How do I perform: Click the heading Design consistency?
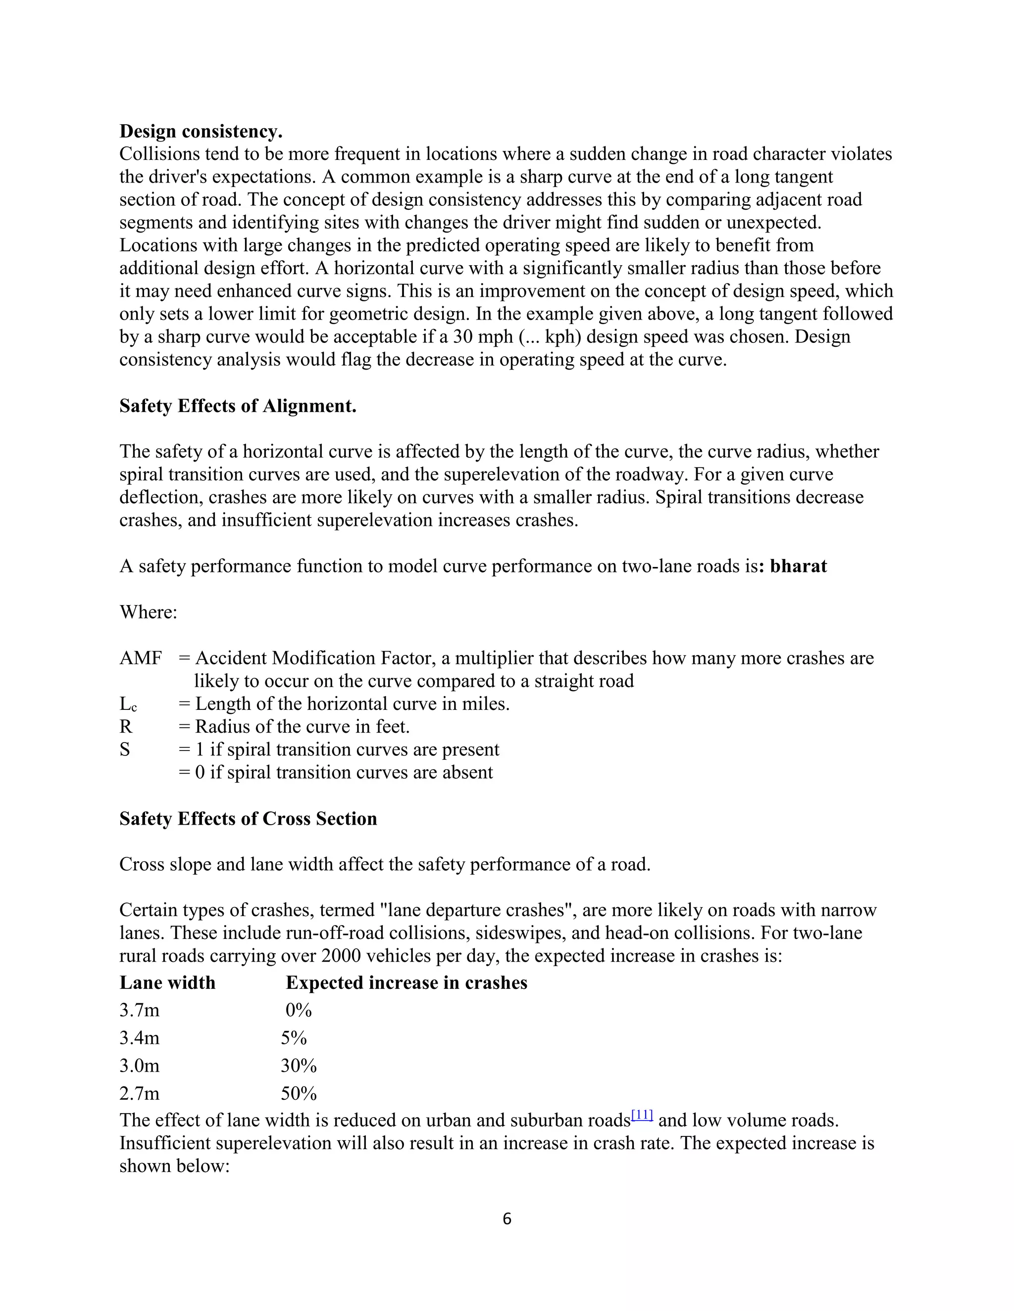pyautogui.click(x=201, y=131)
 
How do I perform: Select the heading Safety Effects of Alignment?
pyautogui.click(x=238, y=406)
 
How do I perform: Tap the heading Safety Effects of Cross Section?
pyautogui.click(x=248, y=819)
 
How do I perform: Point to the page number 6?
pyautogui.click(x=507, y=1219)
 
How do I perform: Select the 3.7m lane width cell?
pyautogui.click(x=139, y=1010)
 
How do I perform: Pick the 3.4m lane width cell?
pyautogui.click(x=139, y=1038)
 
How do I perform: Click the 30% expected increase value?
pyautogui.click(x=299, y=1066)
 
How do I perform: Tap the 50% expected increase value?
pyautogui.click(x=299, y=1093)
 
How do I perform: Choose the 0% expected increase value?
pyautogui.click(x=299, y=1010)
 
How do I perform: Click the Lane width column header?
pyautogui.click(x=167, y=983)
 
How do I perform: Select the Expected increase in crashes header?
pyautogui.click(x=406, y=983)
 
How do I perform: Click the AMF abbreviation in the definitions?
pyautogui.click(x=141, y=658)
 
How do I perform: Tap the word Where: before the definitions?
pyautogui.click(x=149, y=612)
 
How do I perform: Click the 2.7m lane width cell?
pyautogui.click(x=139, y=1093)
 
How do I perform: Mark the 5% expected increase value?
pyautogui.click(x=294, y=1038)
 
